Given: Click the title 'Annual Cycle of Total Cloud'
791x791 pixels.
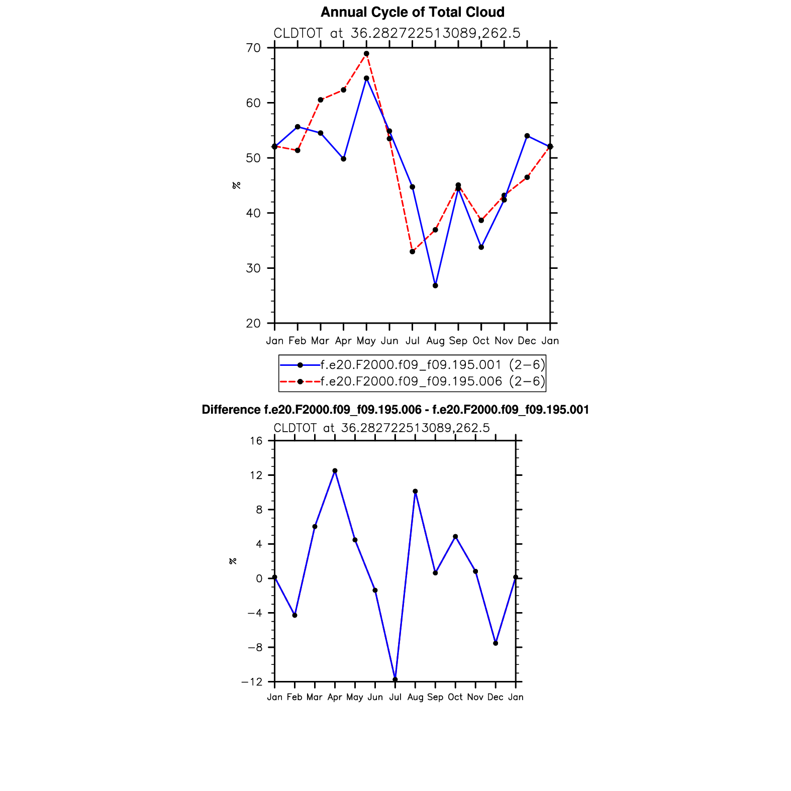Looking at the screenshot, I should point(412,12).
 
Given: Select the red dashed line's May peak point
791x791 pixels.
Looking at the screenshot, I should point(366,54).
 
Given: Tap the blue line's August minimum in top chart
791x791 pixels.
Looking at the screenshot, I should point(435,285).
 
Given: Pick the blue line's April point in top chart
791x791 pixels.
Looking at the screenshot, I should point(343,159).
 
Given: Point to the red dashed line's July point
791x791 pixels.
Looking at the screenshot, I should point(412,252).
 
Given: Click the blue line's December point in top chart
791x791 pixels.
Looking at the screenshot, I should point(527,136).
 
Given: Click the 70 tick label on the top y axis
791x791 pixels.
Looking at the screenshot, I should point(254,48).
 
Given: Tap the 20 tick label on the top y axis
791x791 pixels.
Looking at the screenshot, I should point(254,324).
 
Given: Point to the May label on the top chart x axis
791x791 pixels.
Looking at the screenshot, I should point(366,341).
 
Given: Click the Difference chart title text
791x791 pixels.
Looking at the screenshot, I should point(395,410).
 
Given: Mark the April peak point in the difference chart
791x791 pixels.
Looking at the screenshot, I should point(335,471).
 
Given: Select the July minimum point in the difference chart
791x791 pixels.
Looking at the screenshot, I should point(395,679).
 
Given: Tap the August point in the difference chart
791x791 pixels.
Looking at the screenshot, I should point(415,491).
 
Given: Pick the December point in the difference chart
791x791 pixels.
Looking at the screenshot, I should point(496,643).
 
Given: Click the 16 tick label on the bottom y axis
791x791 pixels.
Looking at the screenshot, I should point(256,441).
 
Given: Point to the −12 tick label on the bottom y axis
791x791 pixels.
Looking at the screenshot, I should point(252,682).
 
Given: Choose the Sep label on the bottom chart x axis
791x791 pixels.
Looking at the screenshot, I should point(435,698).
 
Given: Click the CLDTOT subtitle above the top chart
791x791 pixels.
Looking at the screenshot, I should point(397,33).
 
